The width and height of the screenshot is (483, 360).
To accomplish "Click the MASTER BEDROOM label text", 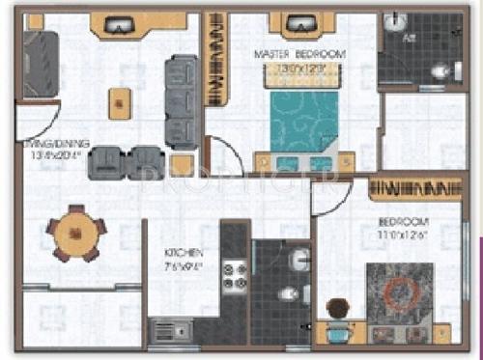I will [298, 54].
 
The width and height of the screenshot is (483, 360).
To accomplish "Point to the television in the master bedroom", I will [295, 24].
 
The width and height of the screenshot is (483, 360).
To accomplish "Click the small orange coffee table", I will [120, 101].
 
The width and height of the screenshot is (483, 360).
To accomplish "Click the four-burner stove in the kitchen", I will [235, 275].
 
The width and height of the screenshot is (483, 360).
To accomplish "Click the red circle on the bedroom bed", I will [398, 291].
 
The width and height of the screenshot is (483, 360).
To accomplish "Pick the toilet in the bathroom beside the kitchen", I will [289, 293].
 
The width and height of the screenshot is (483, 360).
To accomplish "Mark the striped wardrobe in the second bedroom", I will [413, 185].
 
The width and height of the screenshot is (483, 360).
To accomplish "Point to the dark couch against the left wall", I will [41, 63].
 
